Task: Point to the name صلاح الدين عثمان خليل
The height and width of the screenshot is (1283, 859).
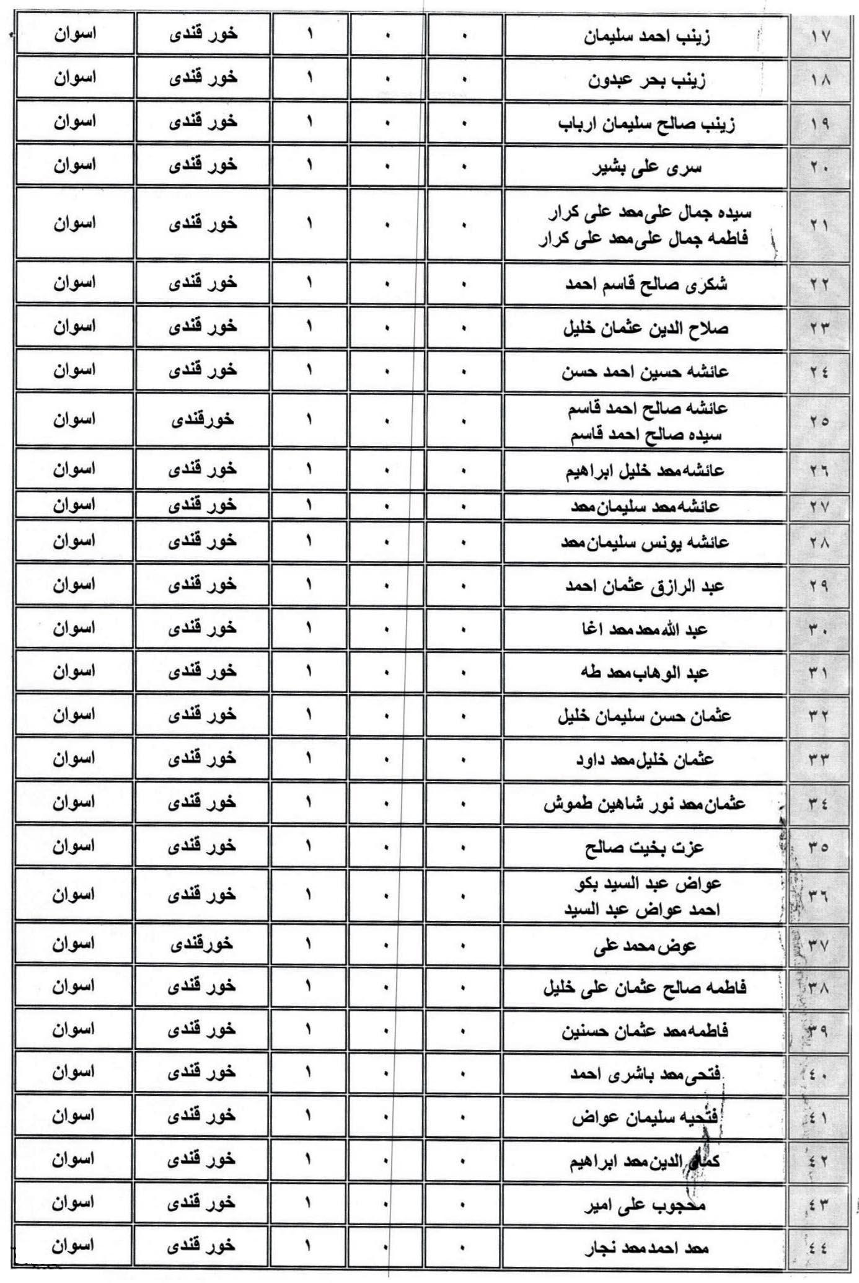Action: (x=646, y=327)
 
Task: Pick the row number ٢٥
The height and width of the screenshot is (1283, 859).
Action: (x=819, y=421)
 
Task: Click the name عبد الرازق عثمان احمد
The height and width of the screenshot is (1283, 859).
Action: (x=645, y=586)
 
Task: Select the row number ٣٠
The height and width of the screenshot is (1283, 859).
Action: (x=819, y=630)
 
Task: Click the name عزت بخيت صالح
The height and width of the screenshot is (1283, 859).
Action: (x=645, y=846)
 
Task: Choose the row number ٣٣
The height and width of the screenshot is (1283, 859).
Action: (x=819, y=760)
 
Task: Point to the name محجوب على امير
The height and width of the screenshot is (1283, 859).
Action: (x=645, y=1204)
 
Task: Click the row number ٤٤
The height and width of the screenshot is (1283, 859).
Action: (x=818, y=1248)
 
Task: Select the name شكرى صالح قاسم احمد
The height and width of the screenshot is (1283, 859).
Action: (x=646, y=284)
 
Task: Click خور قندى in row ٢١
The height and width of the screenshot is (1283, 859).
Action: (x=203, y=223)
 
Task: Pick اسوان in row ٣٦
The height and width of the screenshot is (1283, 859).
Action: (x=74, y=894)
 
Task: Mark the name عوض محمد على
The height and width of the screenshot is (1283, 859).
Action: (x=645, y=944)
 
